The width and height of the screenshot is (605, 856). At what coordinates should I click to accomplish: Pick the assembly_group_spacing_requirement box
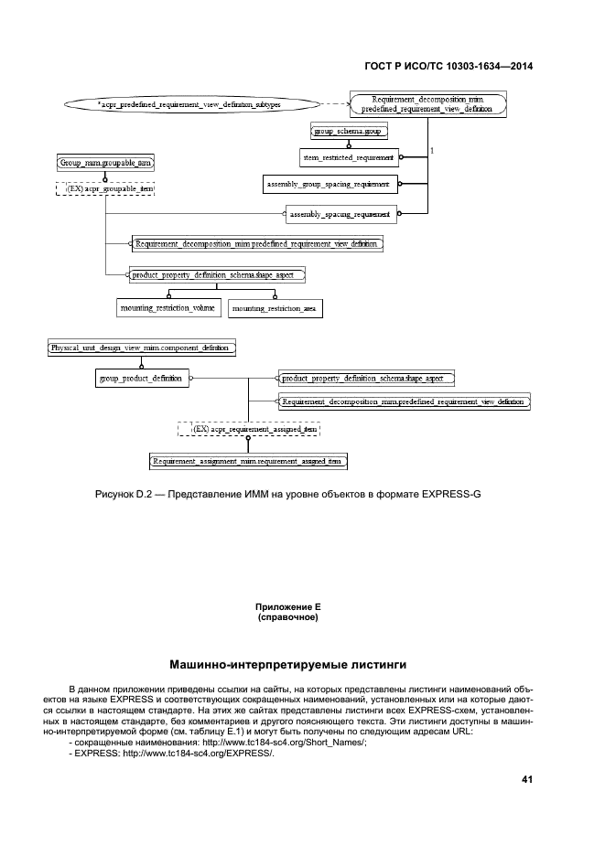tap(327, 185)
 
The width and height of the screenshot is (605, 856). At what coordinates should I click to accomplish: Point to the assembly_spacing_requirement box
tap(340, 215)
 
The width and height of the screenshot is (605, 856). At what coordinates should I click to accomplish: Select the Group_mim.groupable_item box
tap(104, 162)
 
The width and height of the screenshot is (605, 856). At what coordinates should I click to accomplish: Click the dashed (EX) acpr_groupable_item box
tap(104, 188)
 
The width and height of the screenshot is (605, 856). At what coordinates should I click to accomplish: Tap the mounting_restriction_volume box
tap(167, 308)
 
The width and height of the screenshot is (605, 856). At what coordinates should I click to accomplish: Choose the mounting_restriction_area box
tap(275, 309)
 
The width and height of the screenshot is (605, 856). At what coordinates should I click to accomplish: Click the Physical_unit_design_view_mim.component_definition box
tap(142, 348)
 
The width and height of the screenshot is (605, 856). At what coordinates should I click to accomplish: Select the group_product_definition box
tap(142, 377)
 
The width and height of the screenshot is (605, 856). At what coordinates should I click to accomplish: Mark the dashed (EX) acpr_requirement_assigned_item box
tap(249, 428)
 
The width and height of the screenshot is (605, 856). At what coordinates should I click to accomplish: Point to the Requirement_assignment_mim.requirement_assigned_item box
tap(248, 462)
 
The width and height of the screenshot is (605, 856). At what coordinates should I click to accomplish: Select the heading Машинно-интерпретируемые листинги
tap(288, 664)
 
